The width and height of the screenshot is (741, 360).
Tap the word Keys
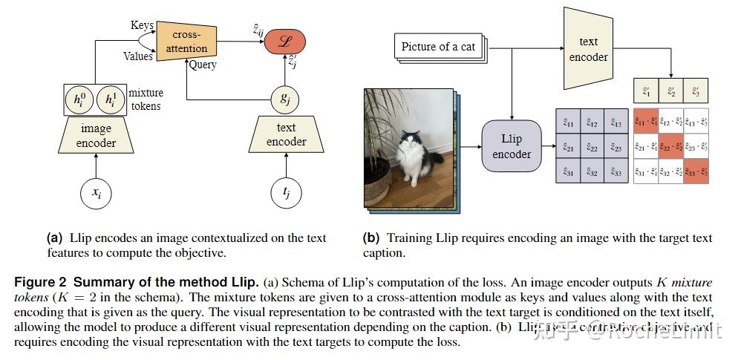(x=142, y=25)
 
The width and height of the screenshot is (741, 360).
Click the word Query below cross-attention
(x=202, y=65)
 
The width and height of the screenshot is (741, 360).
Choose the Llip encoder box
(x=512, y=146)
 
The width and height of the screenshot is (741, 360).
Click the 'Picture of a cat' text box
(x=438, y=47)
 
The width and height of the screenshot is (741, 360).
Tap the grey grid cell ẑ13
(x=616, y=123)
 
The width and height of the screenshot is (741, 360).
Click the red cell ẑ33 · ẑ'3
(x=696, y=172)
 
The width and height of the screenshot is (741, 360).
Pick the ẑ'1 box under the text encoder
(x=646, y=92)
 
